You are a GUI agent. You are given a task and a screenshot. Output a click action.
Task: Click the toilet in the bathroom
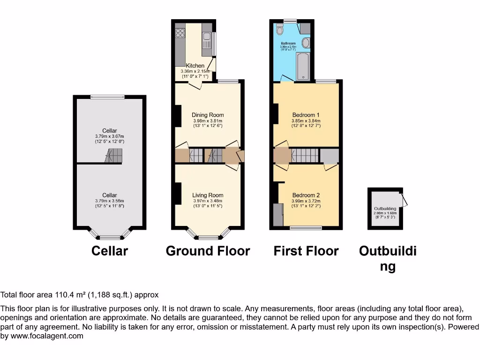tap(280, 30)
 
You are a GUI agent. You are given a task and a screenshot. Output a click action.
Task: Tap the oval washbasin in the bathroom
tap(306, 43)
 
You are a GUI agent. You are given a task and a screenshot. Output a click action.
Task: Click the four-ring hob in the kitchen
tap(180, 33)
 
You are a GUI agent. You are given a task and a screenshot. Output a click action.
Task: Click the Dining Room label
tap(208, 115)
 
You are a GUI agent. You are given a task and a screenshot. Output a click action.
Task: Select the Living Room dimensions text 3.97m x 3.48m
tap(208, 201)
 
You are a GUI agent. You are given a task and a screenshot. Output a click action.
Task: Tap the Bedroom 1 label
tap(306, 115)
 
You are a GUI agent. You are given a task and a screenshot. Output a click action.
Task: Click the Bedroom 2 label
tap(306, 195)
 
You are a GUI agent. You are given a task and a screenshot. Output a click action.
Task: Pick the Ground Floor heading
tap(208, 251)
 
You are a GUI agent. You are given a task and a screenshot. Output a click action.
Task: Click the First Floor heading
tap(306, 251)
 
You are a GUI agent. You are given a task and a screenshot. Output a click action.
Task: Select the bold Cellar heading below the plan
tap(109, 251)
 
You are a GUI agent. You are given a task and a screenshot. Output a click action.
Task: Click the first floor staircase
tap(305, 155)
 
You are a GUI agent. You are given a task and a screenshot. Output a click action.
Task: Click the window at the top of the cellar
tap(108, 97)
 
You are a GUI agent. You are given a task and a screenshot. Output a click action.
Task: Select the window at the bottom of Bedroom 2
tap(306, 228)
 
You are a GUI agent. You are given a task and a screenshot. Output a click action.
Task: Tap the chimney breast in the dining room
tap(178, 116)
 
